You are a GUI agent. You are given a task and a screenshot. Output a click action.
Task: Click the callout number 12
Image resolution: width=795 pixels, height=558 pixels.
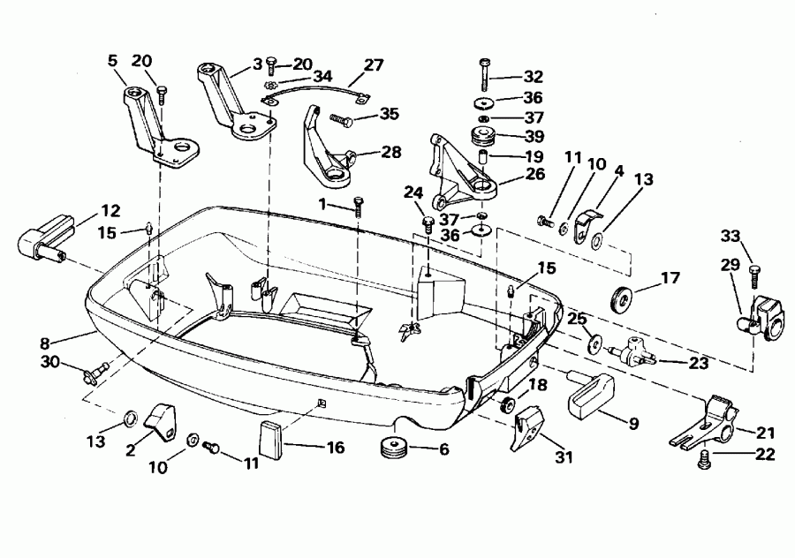coord(110,211)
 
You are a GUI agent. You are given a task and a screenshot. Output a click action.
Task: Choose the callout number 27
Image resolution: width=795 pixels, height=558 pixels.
coord(374,64)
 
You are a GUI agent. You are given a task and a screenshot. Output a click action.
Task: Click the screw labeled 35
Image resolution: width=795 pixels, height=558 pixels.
coord(341,118)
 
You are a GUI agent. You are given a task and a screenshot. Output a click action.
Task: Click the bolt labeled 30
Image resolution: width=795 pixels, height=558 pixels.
coord(93,372)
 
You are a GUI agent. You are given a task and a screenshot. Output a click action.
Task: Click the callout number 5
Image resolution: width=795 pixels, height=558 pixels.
coord(112,61)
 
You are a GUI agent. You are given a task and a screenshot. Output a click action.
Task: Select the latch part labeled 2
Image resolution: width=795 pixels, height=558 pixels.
coord(161,418)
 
